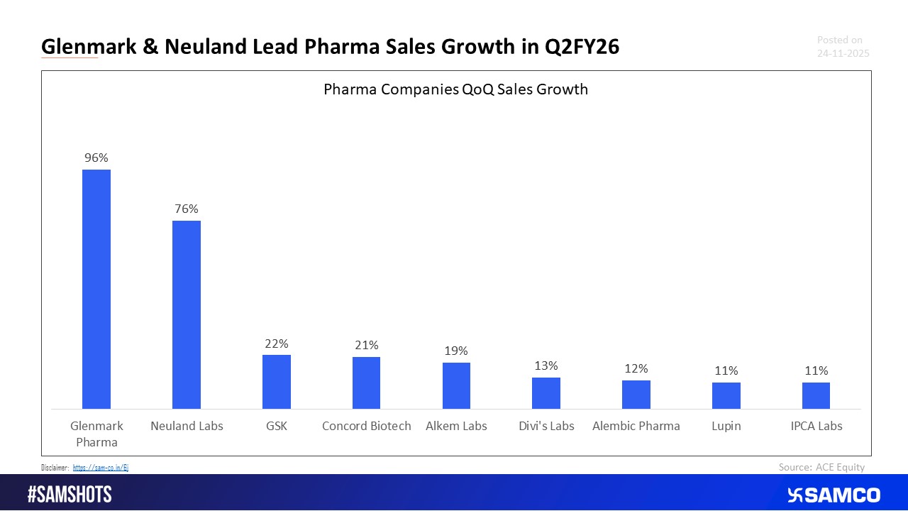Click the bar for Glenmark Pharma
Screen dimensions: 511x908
[96, 289]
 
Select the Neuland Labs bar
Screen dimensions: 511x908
[187, 314]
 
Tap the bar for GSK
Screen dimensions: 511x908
[277, 382]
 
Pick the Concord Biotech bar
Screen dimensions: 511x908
[366, 383]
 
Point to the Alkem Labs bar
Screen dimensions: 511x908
[456, 385]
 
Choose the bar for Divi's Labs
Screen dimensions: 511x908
[546, 393]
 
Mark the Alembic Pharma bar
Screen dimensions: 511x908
[636, 395]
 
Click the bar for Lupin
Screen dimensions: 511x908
[726, 395]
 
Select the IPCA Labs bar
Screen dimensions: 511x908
[816, 395]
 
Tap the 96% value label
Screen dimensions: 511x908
[96, 158]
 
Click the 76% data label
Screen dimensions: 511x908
[187, 209]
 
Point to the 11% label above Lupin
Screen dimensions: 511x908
[726, 370]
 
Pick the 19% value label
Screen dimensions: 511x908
[456, 351]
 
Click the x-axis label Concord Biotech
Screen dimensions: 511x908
[366, 426]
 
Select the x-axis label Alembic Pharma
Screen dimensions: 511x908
[636, 426]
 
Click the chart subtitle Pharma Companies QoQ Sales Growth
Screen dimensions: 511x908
[455, 89]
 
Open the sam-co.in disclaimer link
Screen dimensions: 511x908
[100, 468]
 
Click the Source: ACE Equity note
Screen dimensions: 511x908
[821, 467]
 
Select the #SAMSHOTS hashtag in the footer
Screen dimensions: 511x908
[70, 495]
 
